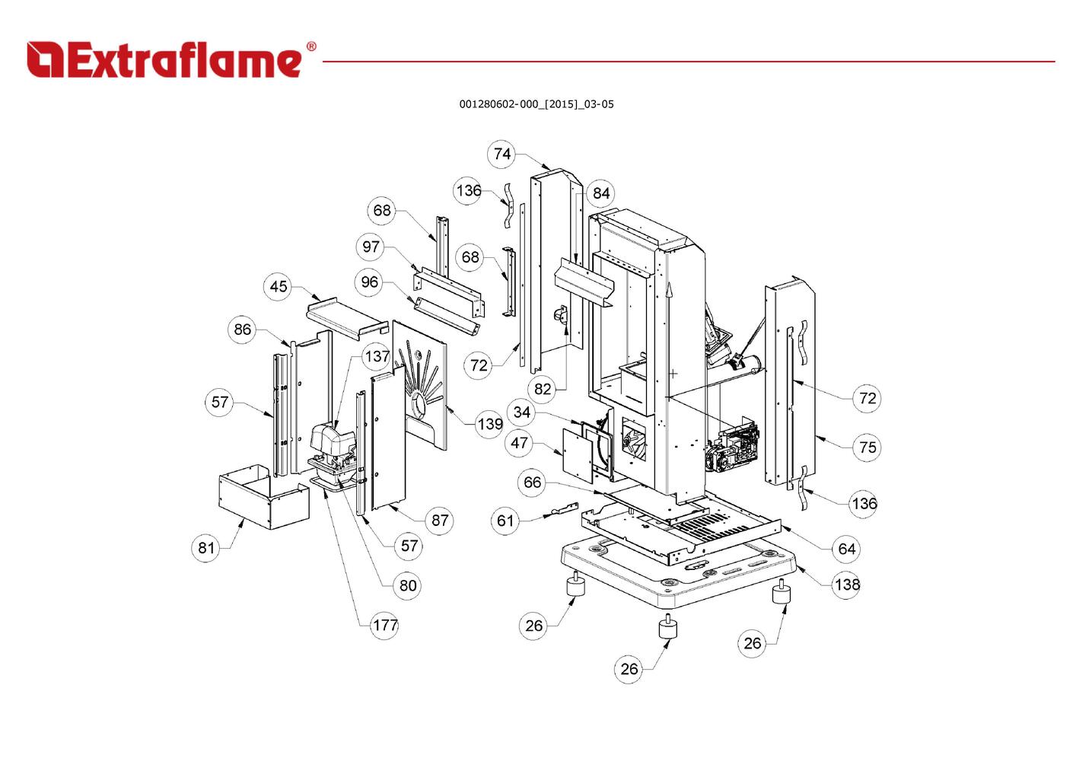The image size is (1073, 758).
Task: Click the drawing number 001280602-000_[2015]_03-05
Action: tap(536, 104)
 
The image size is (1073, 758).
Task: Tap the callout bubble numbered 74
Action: tap(502, 154)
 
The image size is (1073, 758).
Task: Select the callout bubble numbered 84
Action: tap(601, 193)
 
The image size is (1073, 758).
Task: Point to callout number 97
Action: tap(371, 247)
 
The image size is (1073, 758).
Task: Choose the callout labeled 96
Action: tap(370, 282)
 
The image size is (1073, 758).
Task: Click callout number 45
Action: tap(279, 286)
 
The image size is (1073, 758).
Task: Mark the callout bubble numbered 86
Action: tap(242, 330)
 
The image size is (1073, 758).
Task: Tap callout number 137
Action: tap(377, 356)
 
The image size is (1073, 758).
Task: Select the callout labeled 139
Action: tap(490, 424)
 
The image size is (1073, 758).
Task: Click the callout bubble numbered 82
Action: tap(543, 390)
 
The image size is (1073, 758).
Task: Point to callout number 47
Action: tap(520, 443)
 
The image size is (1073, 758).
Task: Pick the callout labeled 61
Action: tap(506, 521)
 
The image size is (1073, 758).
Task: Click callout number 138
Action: tap(847, 584)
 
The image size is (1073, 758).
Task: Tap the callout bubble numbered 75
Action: tap(868, 447)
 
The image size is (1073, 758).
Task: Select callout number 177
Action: tap(385, 626)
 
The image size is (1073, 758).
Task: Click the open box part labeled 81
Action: tap(263, 498)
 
